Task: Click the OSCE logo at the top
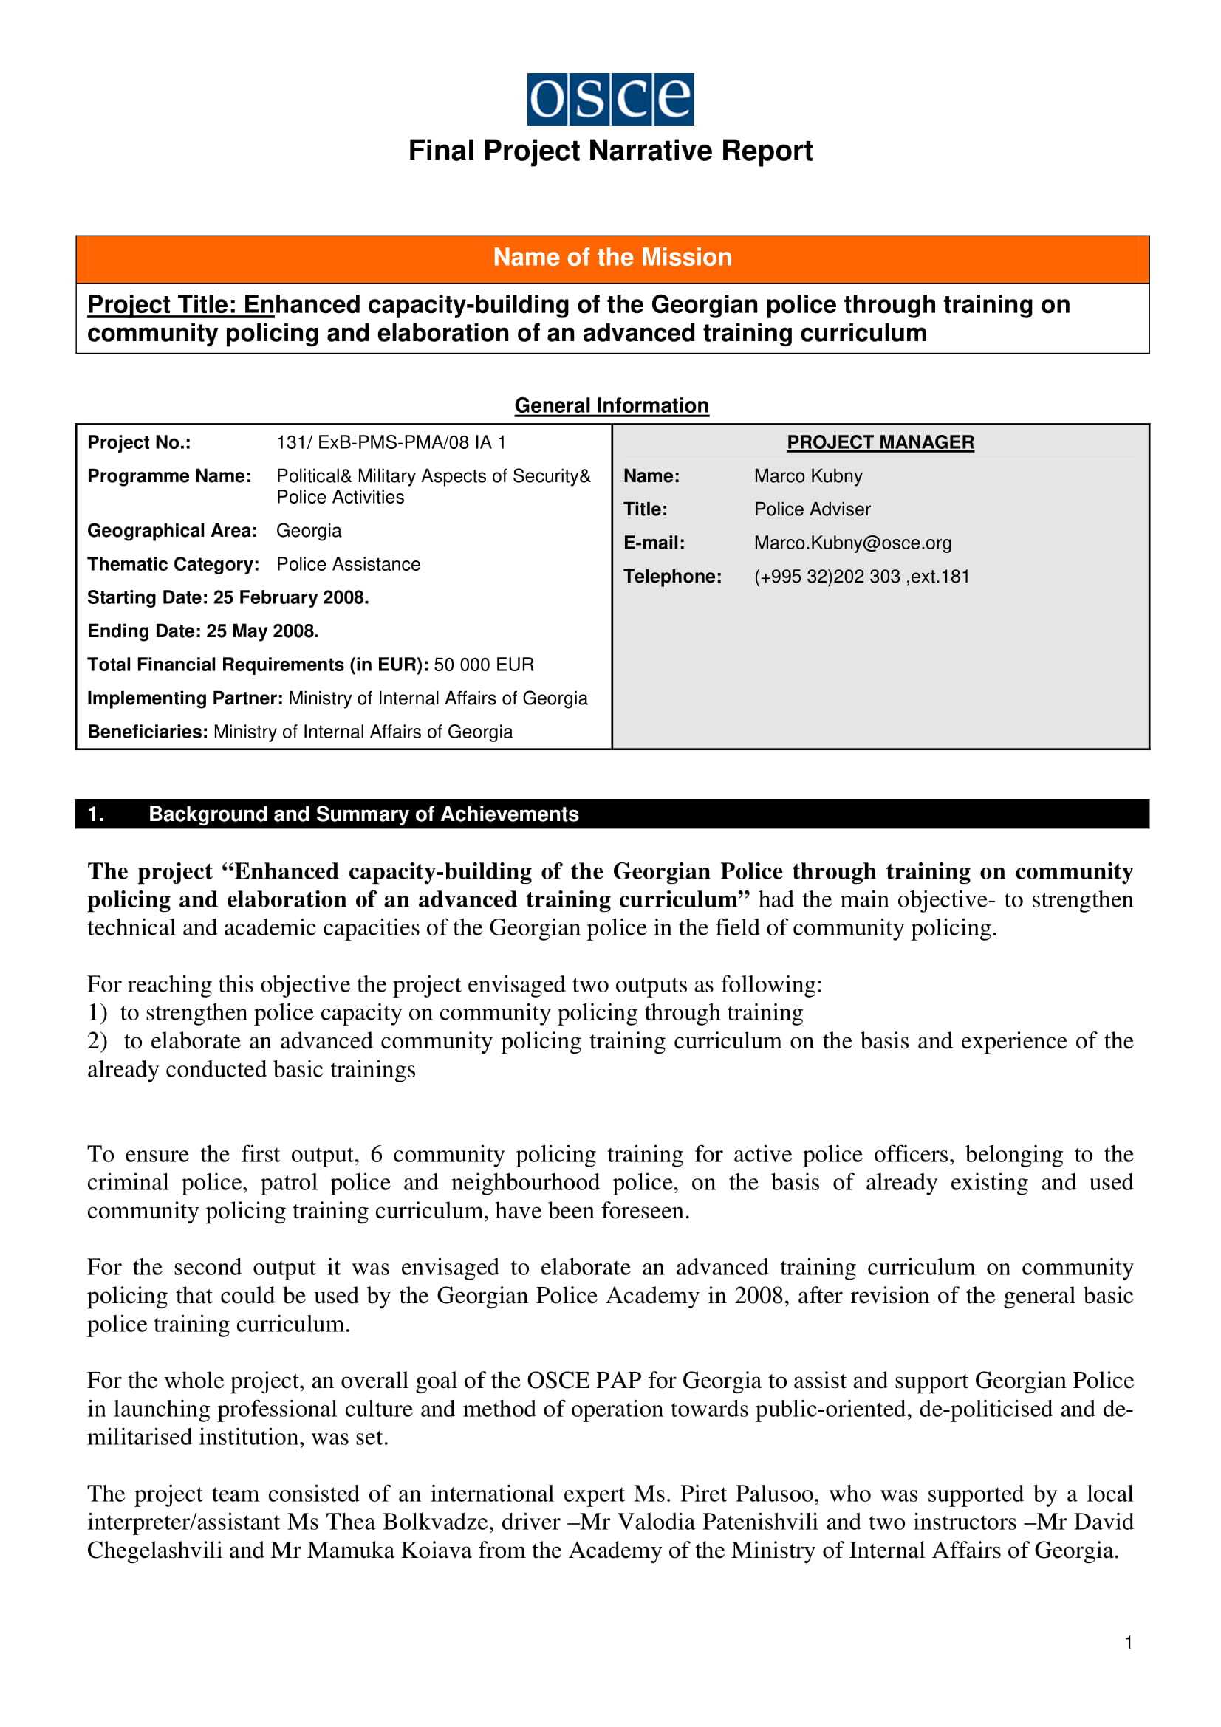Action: point(610,98)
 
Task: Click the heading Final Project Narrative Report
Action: point(610,151)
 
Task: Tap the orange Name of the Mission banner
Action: point(612,258)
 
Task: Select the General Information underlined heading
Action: point(611,405)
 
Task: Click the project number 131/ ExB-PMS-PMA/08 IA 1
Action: point(391,442)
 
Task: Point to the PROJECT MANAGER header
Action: point(880,442)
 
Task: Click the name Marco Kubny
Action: point(808,476)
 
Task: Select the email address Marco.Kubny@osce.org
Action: point(852,543)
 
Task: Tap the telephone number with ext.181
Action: point(861,576)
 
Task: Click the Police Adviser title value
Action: point(812,509)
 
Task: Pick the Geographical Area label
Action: point(171,531)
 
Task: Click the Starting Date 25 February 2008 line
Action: point(228,598)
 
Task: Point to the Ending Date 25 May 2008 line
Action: point(203,631)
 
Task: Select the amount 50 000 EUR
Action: point(484,665)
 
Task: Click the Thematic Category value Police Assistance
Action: point(349,564)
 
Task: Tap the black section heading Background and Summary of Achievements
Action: point(363,814)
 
